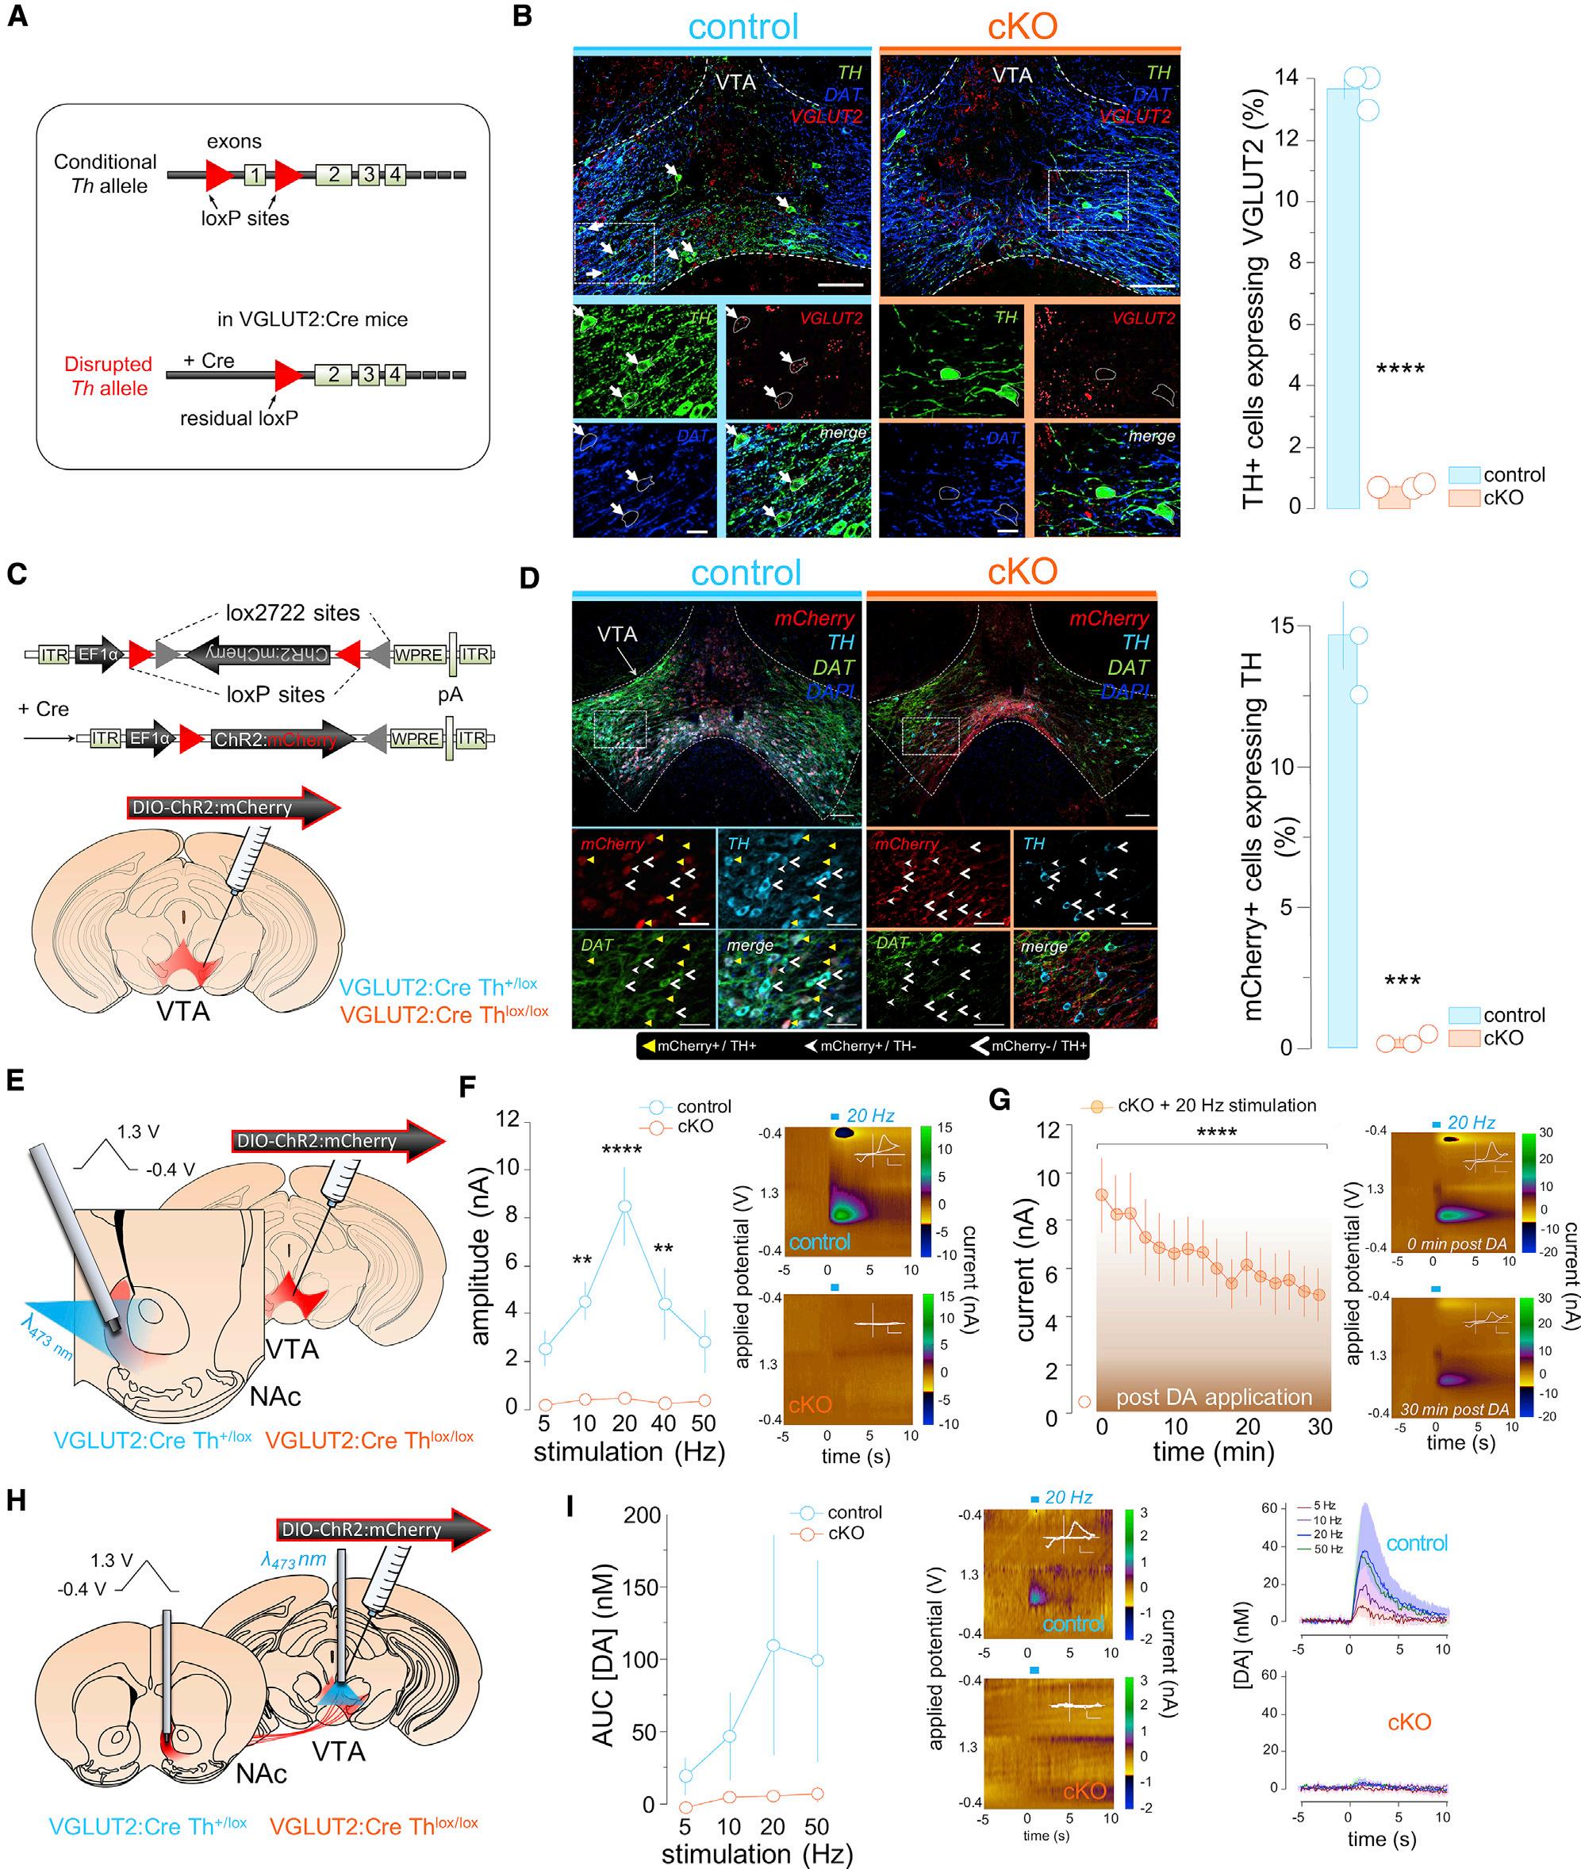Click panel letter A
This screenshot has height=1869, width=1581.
tap(18, 16)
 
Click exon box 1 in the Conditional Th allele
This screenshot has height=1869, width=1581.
tap(255, 174)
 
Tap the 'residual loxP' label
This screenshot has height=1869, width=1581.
tap(240, 418)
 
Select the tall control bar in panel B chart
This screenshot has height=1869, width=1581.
tap(1341, 296)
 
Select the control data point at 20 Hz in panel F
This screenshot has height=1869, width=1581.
tap(624, 1207)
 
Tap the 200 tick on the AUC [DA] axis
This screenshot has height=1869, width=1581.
tap(642, 1515)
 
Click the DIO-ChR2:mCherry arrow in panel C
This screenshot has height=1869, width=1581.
tap(233, 807)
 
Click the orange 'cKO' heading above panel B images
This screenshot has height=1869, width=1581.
tap(1022, 27)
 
